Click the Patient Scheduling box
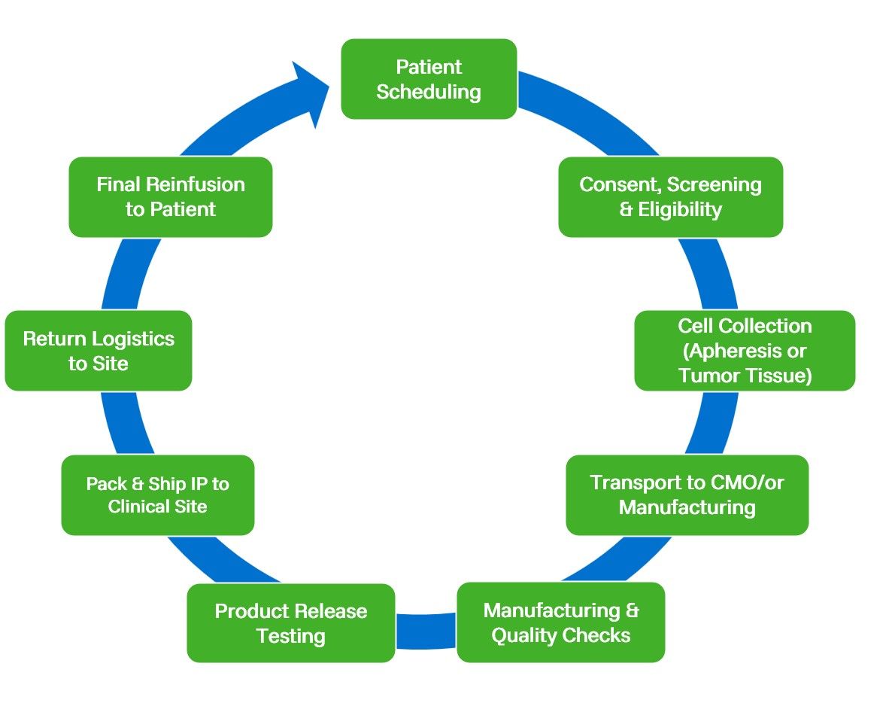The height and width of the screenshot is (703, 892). (x=429, y=79)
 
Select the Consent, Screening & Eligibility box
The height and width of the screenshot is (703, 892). (x=670, y=196)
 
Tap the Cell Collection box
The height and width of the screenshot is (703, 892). (x=745, y=350)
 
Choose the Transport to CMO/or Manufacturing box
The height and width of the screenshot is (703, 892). (x=687, y=495)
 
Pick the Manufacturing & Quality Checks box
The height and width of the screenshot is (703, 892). (x=560, y=622)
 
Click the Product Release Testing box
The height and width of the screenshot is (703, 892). (x=290, y=622)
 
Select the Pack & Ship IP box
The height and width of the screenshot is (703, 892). (x=157, y=495)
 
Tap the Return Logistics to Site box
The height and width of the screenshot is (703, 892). (x=98, y=350)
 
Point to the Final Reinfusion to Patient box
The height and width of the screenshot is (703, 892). (x=170, y=196)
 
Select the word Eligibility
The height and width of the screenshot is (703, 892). (x=680, y=209)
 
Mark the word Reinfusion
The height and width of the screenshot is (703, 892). (x=196, y=184)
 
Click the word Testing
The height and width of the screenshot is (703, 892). (x=290, y=635)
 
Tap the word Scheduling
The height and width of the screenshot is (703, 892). (x=429, y=92)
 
